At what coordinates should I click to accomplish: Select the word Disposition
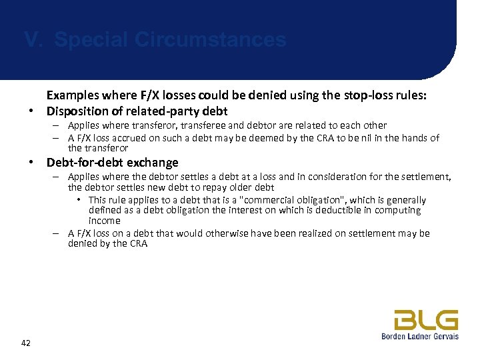click(x=77, y=111)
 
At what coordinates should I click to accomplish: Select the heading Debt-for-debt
click(x=87, y=163)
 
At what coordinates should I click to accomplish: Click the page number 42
click(x=26, y=343)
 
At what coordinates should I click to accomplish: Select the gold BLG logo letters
click(x=425, y=320)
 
